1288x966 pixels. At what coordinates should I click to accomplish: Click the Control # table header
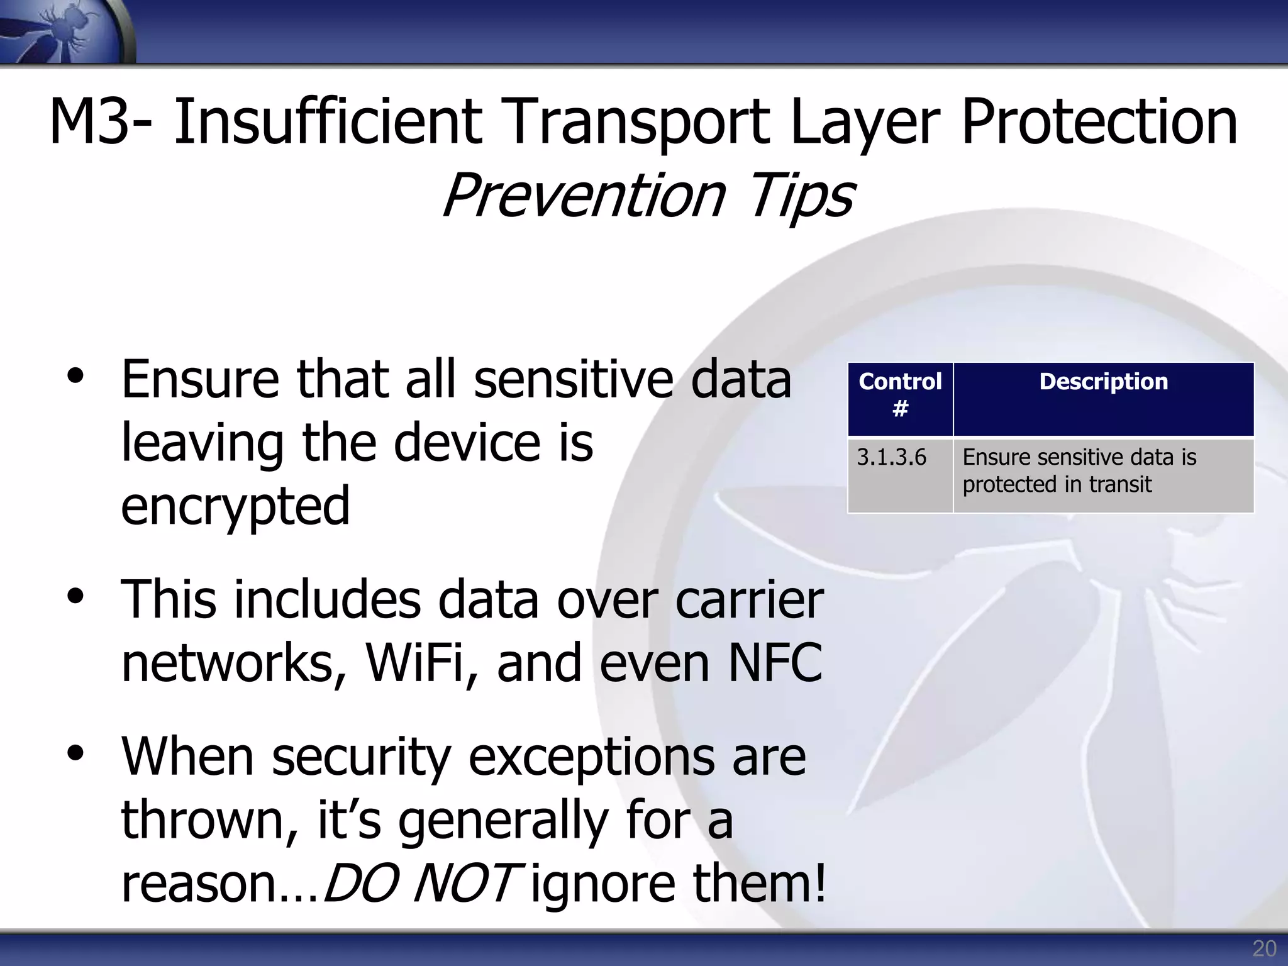click(900, 395)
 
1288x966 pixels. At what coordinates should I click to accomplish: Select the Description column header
click(1103, 382)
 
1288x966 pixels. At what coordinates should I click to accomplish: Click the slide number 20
click(1264, 948)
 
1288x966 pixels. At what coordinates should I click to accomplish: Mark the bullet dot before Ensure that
click(75, 376)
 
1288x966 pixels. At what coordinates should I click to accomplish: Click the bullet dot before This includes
click(75, 596)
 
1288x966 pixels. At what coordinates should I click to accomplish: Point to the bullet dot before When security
click(75, 753)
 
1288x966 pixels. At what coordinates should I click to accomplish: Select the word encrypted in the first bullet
click(235, 507)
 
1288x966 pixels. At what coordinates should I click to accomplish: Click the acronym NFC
click(775, 663)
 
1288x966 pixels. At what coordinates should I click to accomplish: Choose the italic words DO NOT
click(420, 883)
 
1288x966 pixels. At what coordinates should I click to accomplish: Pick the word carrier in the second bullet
click(748, 600)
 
